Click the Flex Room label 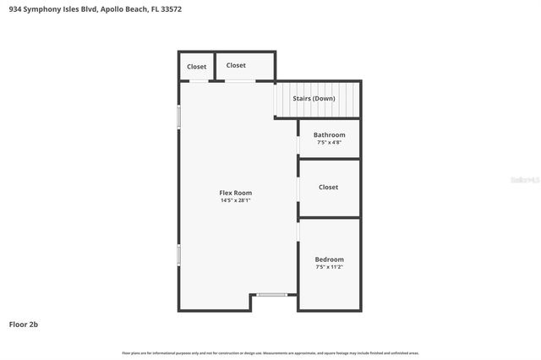[x=236, y=193]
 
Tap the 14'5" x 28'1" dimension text [x=236, y=200]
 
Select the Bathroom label [x=329, y=135]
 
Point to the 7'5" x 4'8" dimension [x=329, y=142]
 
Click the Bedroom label [x=329, y=259]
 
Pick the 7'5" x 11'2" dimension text [x=329, y=267]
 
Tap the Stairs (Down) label [x=314, y=99]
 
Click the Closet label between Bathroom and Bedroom [x=329, y=187]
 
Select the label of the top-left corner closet [x=196, y=67]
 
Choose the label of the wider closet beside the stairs [x=236, y=65]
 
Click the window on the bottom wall [x=271, y=295]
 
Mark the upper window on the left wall [x=178, y=117]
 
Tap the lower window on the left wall [x=178, y=254]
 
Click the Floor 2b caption [x=24, y=324]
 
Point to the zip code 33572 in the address [x=170, y=9]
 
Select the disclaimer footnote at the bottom [x=270, y=352]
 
